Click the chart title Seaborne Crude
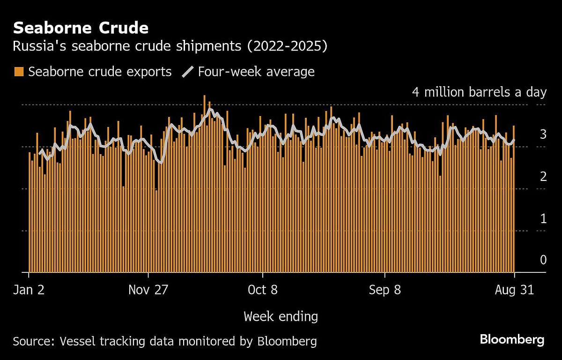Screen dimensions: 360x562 tap(81, 28)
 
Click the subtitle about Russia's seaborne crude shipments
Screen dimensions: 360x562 tap(170, 46)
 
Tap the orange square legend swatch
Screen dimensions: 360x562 tap(19, 72)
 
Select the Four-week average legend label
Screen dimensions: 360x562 tap(256, 72)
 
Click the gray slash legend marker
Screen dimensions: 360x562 tap(188, 72)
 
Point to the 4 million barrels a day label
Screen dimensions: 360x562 tap(479, 92)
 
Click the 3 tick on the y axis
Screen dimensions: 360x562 tap(543, 135)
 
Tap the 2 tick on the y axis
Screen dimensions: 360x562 tap(543, 177)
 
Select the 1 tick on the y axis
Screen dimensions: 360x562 tap(543, 218)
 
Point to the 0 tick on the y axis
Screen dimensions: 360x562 tap(543, 260)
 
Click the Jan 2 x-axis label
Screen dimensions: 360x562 tap(29, 290)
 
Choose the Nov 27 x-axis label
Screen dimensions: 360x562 tap(148, 290)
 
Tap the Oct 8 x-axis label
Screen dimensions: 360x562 tap(263, 290)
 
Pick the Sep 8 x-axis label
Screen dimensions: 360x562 tap(385, 290)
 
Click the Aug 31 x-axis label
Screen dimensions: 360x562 tap(514, 290)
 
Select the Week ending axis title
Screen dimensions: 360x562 tap(281, 317)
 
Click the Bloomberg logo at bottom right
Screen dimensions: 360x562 tap(512, 340)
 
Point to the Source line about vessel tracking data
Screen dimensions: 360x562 tap(165, 341)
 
